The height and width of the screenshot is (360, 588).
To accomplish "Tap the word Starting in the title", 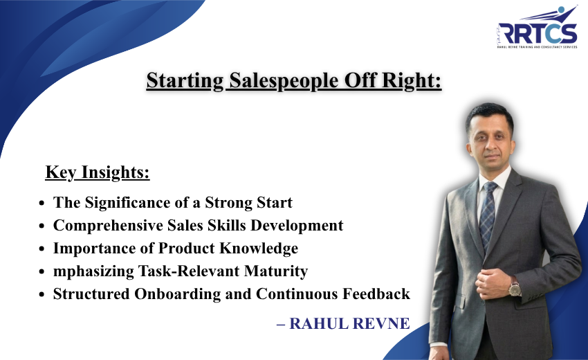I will [182, 81].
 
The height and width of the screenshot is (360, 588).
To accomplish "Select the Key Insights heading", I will [98, 172].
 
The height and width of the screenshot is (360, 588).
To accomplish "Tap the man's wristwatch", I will [514, 286].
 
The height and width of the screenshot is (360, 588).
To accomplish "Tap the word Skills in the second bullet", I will [198, 226].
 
